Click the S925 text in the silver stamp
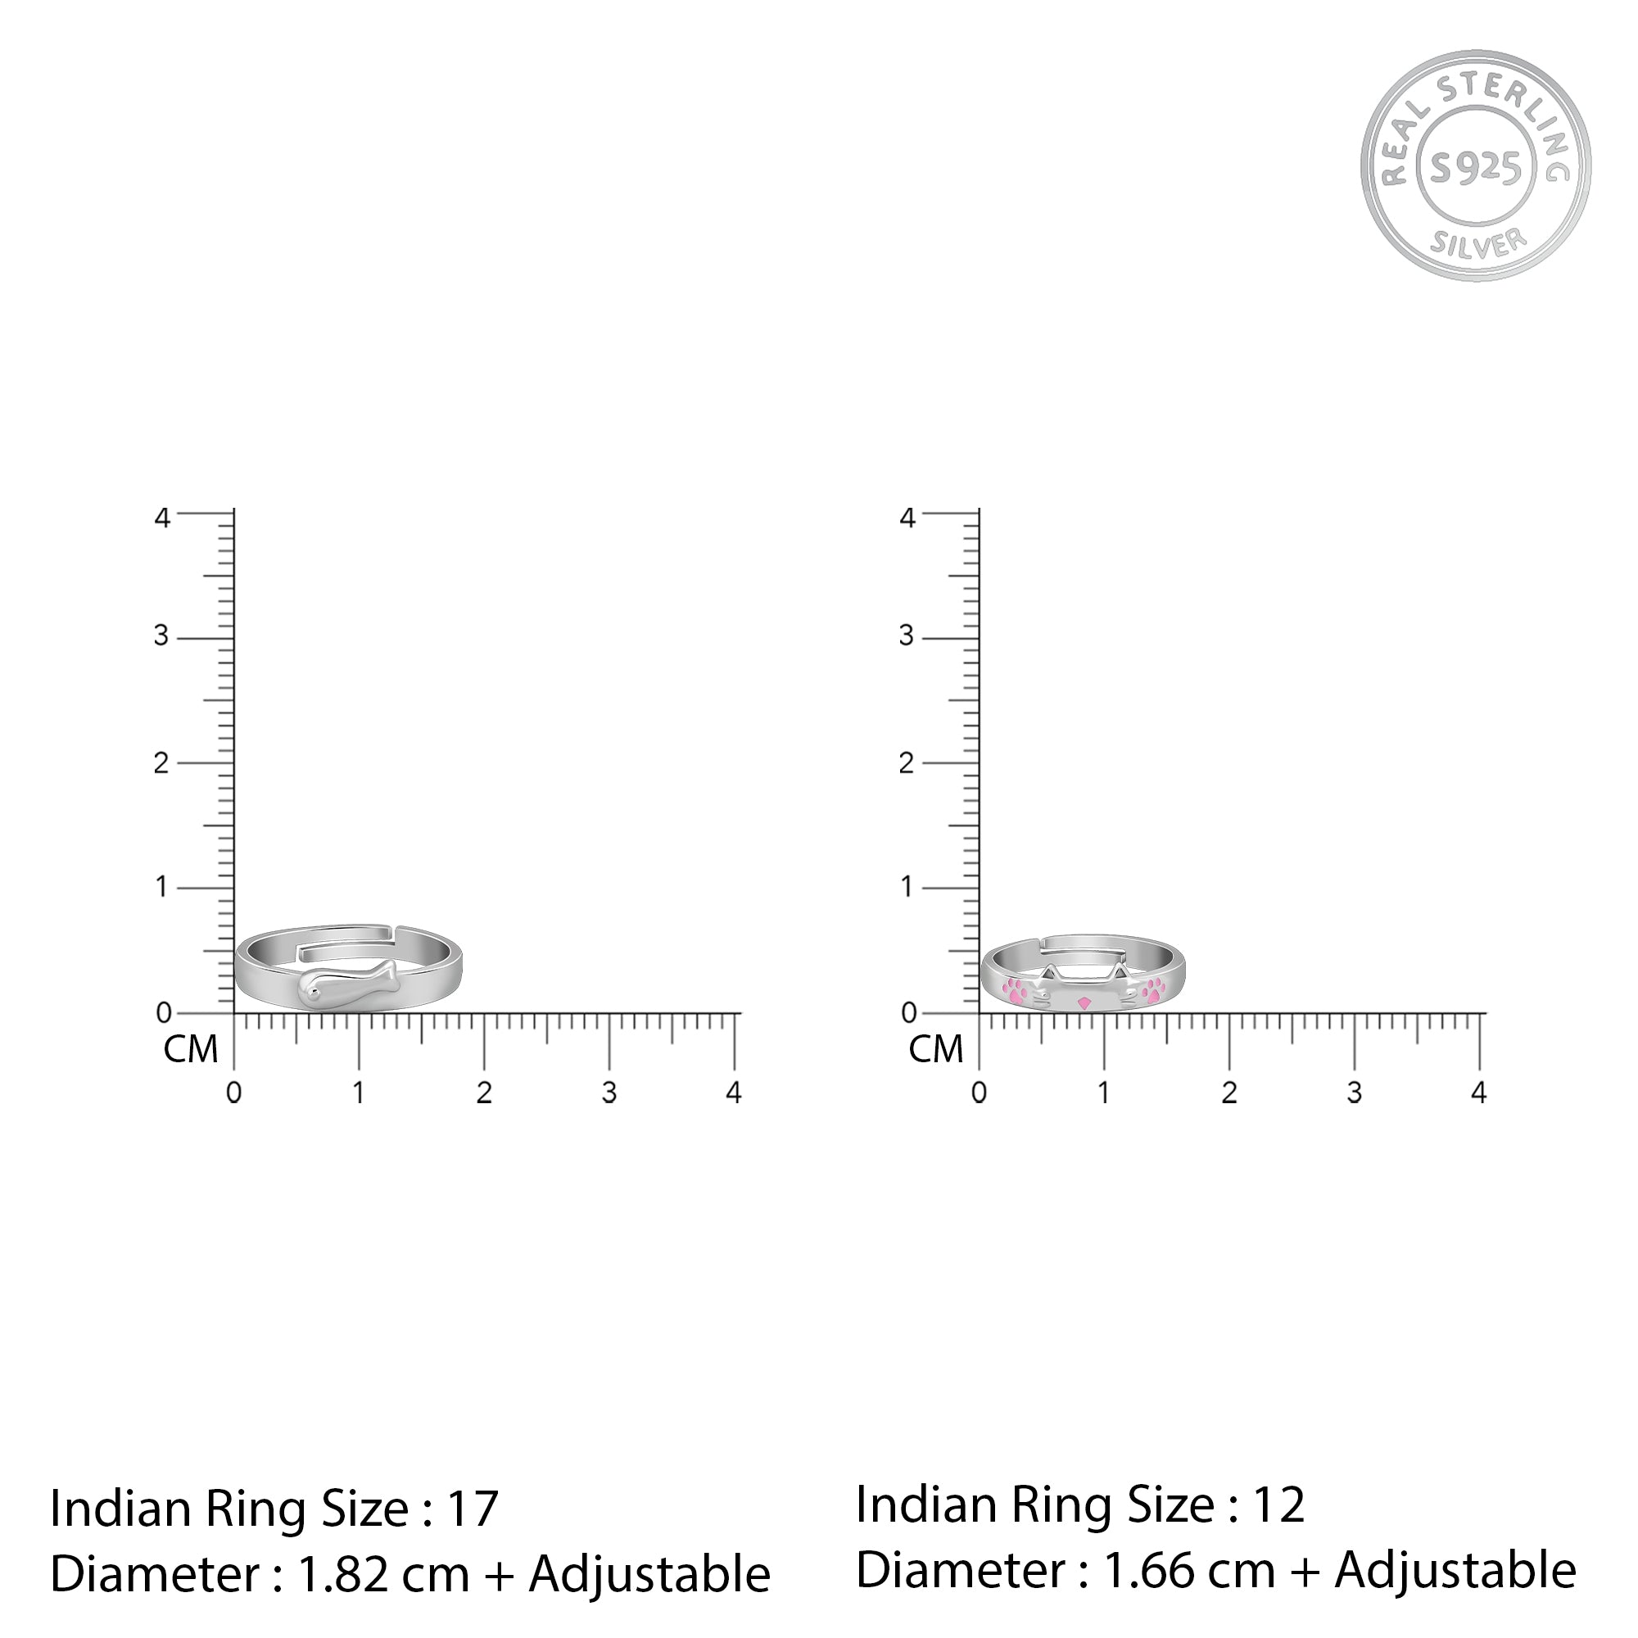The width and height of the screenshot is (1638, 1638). [1475, 168]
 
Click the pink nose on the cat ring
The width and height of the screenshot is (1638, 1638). [1084, 1003]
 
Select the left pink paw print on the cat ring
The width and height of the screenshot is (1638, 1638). [1016, 989]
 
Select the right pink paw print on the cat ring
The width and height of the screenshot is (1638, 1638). [1153, 989]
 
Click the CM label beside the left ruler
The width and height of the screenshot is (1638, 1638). [191, 1050]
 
